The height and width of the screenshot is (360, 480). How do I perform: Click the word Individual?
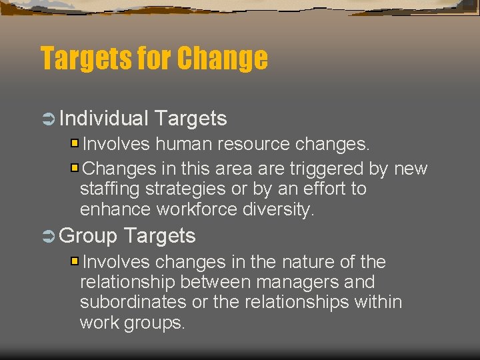[103, 119]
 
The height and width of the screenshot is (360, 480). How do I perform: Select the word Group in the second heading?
[89, 235]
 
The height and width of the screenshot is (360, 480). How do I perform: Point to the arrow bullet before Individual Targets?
[47, 119]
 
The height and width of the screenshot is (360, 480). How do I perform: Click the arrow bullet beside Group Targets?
[47, 236]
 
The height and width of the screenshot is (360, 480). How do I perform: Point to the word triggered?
[326, 169]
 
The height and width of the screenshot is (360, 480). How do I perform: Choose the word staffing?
[109, 189]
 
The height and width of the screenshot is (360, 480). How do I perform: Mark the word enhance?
[115, 209]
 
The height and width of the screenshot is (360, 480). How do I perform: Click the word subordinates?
[133, 302]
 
